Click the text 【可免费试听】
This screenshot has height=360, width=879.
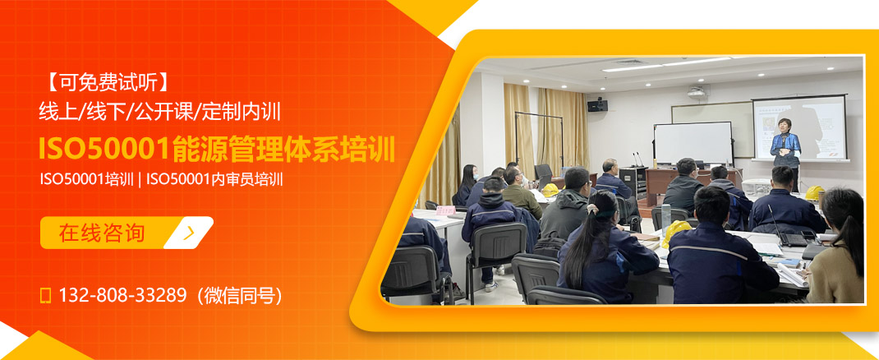pyautogui.click(x=107, y=81)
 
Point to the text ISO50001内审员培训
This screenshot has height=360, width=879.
pyautogui.click(x=215, y=178)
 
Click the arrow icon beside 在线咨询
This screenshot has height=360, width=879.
pyautogui.click(x=190, y=233)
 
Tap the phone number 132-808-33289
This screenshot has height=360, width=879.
pyautogui.click(x=122, y=295)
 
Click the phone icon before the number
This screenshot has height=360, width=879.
pyautogui.click(x=46, y=295)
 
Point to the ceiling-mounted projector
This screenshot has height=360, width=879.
pyautogui.click(x=697, y=92)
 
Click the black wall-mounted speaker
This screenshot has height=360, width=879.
pyautogui.click(x=597, y=104)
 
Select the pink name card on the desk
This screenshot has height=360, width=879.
pyautogui.click(x=445, y=210)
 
